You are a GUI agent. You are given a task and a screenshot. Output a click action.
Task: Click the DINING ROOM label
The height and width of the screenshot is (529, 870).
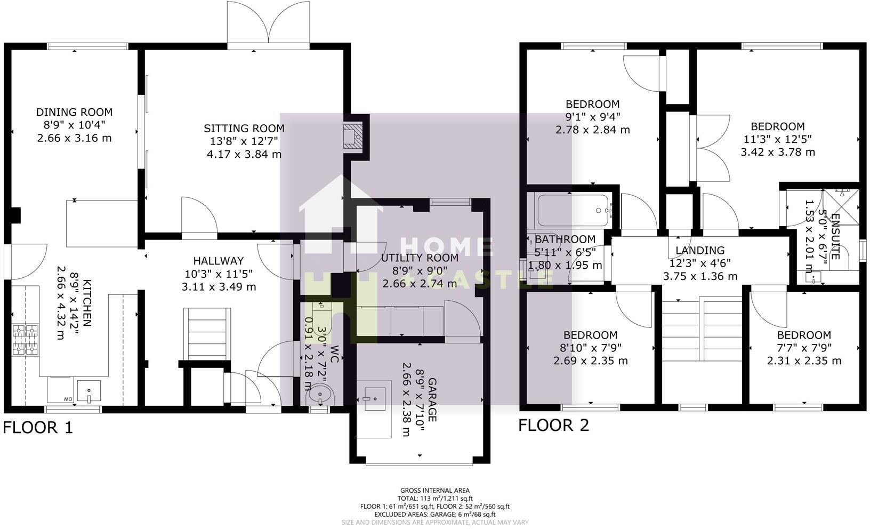pyautogui.click(x=74, y=112)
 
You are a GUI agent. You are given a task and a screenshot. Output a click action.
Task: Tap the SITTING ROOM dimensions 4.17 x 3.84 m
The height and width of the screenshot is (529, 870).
pyautogui.click(x=244, y=155)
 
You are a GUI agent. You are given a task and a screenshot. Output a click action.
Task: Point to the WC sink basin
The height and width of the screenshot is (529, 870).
pyautogui.click(x=320, y=395)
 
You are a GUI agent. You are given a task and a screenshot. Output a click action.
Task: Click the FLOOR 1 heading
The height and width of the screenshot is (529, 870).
pyautogui.click(x=38, y=427)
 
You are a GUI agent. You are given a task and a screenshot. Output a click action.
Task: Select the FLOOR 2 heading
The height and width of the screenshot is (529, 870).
pyautogui.click(x=554, y=425)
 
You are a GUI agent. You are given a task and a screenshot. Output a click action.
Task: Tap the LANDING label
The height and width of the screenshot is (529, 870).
pyautogui.click(x=699, y=250)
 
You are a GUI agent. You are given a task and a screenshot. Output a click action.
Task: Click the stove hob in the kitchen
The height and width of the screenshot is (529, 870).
pyautogui.click(x=26, y=340)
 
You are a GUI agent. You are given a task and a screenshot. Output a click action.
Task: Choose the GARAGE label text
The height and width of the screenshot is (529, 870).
pyautogui.click(x=432, y=400)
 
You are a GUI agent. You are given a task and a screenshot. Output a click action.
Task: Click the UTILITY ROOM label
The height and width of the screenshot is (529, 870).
pyautogui.click(x=420, y=258)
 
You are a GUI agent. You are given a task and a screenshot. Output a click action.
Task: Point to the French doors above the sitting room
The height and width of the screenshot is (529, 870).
pyautogui.click(x=268, y=24)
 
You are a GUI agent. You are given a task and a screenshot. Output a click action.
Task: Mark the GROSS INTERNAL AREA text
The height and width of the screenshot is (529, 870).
pyautogui.click(x=435, y=491)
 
